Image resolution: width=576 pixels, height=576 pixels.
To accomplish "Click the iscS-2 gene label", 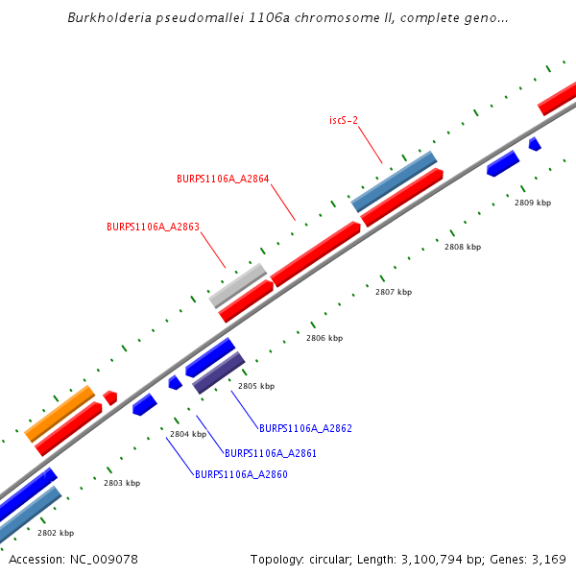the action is (x=344, y=120).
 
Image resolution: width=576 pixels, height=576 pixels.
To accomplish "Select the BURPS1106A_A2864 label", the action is (x=223, y=179).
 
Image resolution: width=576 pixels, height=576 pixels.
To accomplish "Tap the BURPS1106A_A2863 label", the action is (x=153, y=228).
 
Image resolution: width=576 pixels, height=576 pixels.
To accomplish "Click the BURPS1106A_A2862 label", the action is (x=305, y=428).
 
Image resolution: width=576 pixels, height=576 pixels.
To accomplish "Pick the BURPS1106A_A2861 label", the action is (x=271, y=453).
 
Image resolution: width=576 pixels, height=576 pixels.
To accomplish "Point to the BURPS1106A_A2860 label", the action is (x=241, y=474).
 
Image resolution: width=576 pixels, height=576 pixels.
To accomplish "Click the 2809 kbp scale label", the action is (x=533, y=203).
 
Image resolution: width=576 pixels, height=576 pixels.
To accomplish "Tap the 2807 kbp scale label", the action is (x=394, y=292).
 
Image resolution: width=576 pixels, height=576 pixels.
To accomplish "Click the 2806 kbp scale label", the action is (x=324, y=338).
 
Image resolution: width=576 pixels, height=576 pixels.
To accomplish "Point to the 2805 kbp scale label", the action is (x=256, y=386).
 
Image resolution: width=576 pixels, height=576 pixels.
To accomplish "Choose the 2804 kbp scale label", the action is (x=188, y=434).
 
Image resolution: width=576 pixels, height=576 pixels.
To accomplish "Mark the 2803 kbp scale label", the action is (x=122, y=483).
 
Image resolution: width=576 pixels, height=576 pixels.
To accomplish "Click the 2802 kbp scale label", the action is (x=56, y=533).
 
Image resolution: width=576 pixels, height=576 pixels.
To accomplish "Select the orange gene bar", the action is (x=60, y=414).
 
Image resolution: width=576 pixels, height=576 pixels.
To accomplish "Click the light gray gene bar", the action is (x=238, y=285).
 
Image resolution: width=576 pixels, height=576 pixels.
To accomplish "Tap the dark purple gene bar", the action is (x=219, y=372).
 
